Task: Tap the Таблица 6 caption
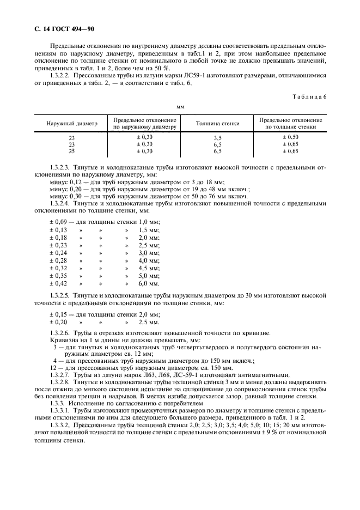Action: (x=308, y=96)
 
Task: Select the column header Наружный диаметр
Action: (x=72, y=124)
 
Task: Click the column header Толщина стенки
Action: (x=218, y=124)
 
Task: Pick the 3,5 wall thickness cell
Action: (x=218, y=138)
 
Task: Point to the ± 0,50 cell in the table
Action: (x=290, y=137)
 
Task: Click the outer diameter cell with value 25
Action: (x=72, y=151)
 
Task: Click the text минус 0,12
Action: (x=63, y=183)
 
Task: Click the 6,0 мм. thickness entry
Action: (x=148, y=283)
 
